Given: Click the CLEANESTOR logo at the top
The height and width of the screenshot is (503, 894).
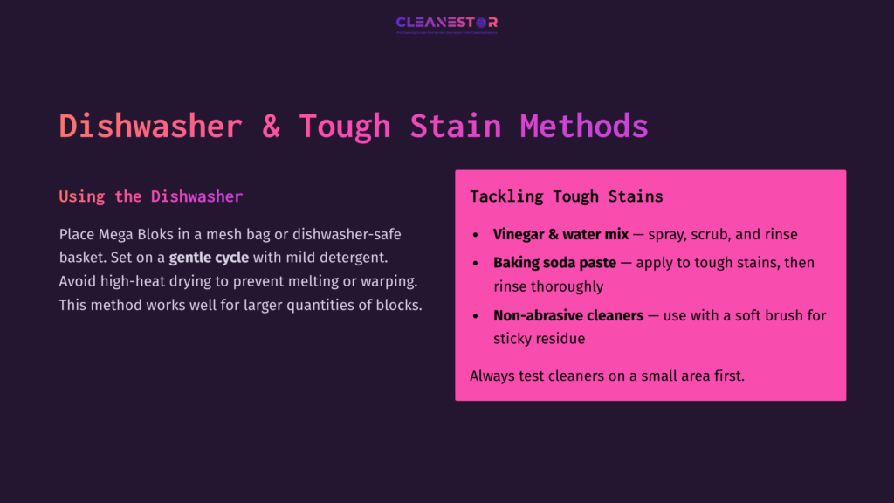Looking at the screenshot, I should tap(446, 24).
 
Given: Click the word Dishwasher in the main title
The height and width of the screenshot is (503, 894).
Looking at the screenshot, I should tap(150, 126).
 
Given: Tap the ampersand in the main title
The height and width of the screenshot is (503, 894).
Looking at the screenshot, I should tap(271, 126).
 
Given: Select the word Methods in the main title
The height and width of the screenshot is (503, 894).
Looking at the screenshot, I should tap(584, 126).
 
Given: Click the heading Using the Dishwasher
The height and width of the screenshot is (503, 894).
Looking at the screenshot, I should tap(150, 196).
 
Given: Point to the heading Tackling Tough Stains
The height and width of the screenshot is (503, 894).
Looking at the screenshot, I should tap(566, 196).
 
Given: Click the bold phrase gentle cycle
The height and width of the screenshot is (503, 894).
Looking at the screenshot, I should tap(209, 258).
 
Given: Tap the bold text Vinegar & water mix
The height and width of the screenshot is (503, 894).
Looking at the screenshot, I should tap(560, 235).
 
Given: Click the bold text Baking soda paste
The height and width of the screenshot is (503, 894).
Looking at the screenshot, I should tap(554, 263).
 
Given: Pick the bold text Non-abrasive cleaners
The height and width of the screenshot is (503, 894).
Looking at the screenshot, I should tap(567, 315).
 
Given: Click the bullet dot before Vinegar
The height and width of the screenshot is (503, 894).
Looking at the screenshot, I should tap(475, 236).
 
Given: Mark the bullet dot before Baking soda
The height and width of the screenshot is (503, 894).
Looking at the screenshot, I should tap(475, 264).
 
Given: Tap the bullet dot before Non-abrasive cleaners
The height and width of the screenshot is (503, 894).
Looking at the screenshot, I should tap(475, 316).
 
